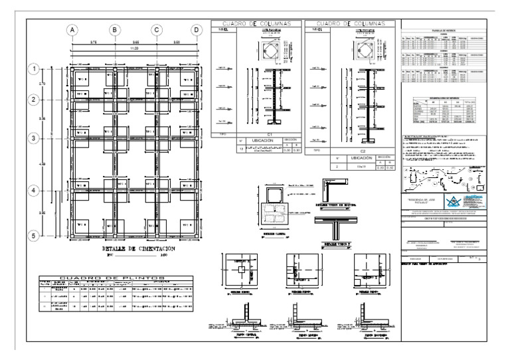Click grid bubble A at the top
pyautogui.click(x=74, y=30)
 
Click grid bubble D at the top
pyautogui.click(x=197, y=30)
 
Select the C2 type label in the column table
pyautogui.click(x=353, y=151)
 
